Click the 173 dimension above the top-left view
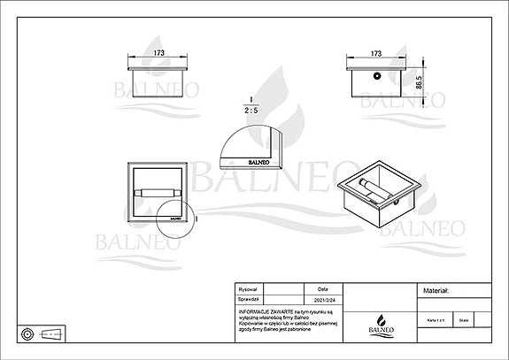pyautogui.click(x=158, y=53)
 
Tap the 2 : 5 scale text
pyautogui.click(x=252, y=111)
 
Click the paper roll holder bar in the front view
pyautogui.click(x=157, y=192)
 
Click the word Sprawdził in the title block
pyautogui.click(x=249, y=298)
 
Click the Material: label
pyautogui.click(x=436, y=290)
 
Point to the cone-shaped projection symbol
pyautogui.click(x=54, y=333)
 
